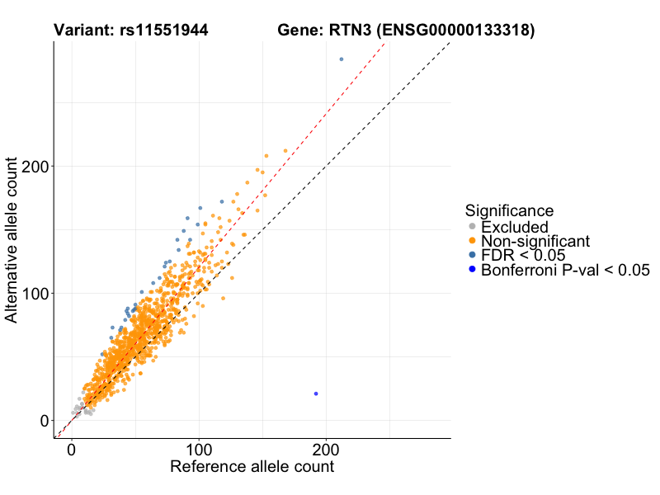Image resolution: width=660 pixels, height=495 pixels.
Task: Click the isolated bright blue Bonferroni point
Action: (316, 394)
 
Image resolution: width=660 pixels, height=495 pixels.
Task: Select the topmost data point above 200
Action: (342, 59)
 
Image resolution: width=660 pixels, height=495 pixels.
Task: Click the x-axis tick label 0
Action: (72, 451)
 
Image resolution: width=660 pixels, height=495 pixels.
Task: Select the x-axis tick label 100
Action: (199, 451)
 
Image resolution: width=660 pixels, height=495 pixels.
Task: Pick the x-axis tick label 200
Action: (326, 451)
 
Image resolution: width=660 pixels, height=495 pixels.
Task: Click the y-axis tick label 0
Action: (46, 421)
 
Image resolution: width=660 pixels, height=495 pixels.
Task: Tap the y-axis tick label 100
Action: (36, 294)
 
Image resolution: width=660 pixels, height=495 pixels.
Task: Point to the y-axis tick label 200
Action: (36, 167)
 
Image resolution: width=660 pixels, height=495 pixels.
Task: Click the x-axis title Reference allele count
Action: (252, 467)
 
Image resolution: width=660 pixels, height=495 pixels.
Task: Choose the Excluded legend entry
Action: (515, 227)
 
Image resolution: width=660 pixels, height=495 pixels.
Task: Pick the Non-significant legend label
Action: (535, 241)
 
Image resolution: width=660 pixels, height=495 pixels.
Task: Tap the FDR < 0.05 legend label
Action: (523, 255)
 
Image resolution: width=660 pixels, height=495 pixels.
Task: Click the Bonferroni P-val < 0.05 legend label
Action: (566, 270)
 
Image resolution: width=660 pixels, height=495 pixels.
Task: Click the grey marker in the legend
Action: (472, 227)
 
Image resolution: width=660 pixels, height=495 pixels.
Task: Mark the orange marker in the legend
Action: (472, 241)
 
